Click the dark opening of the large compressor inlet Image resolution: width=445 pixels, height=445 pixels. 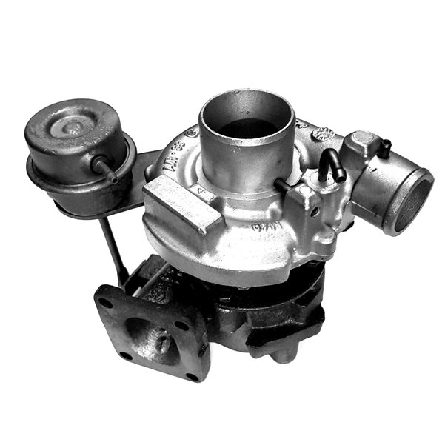click(x=247, y=127)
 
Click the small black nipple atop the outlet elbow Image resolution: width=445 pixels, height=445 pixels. click(x=384, y=148)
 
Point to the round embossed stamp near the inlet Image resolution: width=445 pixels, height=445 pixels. click(x=323, y=134)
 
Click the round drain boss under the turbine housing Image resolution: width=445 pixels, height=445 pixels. click(x=282, y=354)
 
